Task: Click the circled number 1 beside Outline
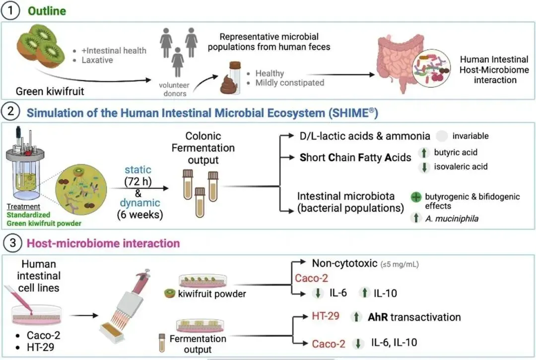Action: (x=10, y=10)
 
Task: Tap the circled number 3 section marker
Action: (x=10, y=243)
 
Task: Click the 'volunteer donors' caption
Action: (x=177, y=88)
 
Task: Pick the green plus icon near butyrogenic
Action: (x=416, y=197)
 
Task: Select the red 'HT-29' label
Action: (x=326, y=316)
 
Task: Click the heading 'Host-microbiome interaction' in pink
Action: (x=103, y=243)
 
